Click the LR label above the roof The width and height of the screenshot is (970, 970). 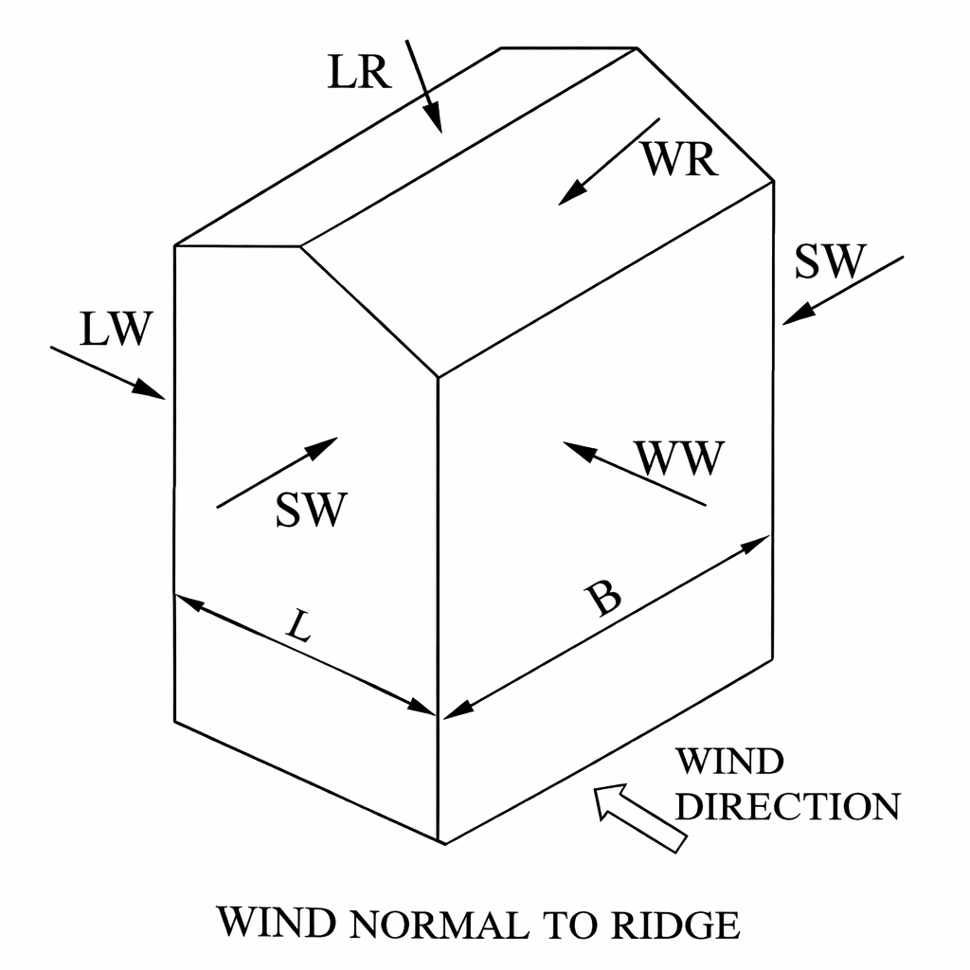(x=359, y=72)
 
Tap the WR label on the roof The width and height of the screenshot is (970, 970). (x=678, y=159)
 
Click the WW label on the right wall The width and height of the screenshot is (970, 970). (x=680, y=460)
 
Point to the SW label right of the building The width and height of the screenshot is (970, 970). (x=829, y=261)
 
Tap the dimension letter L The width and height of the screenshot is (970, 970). (x=298, y=628)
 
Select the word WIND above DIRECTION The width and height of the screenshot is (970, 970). (x=730, y=761)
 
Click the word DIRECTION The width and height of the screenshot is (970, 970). (x=787, y=806)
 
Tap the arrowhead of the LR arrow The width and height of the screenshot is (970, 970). (x=434, y=120)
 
